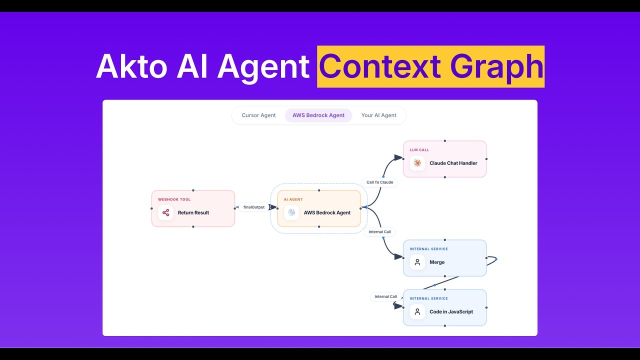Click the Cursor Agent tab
(258, 115)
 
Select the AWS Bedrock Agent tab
(318, 115)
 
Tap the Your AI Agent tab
(378, 115)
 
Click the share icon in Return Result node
(166, 212)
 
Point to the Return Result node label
(193, 213)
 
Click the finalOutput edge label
(254, 207)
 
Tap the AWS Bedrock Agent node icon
(291, 212)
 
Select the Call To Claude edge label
(379, 182)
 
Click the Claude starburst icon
(417, 163)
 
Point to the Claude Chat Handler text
(453, 163)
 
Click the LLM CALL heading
(419, 150)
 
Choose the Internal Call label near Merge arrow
(379, 232)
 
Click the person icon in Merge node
(417, 262)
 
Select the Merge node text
(436, 262)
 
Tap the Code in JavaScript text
(451, 312)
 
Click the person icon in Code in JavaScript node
(417, 311)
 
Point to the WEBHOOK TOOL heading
(174, 199)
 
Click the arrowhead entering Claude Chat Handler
(398, 157)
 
